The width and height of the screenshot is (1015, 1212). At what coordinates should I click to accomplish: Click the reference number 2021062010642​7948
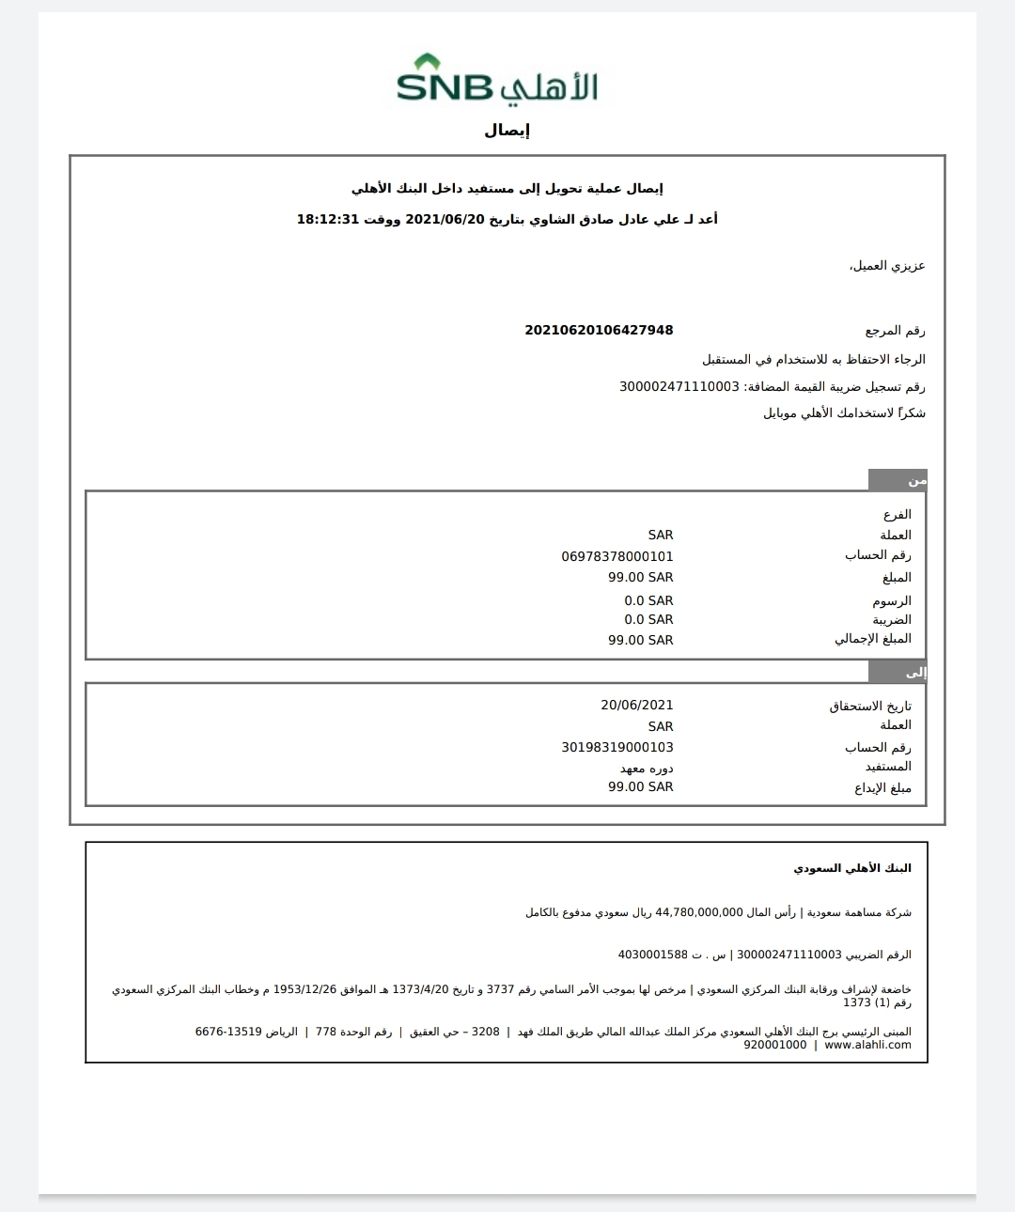coord(599,330)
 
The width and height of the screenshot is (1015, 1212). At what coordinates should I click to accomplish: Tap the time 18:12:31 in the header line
coord(329,219)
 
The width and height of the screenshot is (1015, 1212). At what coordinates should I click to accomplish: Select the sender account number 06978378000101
coord(617,556)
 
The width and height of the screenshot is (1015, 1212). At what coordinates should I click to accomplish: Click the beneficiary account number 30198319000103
coord(617,748)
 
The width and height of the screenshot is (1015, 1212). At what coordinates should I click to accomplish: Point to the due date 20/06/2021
coord(637,706)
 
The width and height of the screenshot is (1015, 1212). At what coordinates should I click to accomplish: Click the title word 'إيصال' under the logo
coord(507,131)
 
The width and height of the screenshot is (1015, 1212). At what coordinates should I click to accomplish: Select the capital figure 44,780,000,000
coord(699,912)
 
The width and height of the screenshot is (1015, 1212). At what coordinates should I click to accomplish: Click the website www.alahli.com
coord(867,1045)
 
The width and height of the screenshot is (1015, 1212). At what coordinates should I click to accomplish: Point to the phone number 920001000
coord(775,1045)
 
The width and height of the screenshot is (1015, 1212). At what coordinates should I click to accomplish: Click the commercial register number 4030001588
coord(653,955)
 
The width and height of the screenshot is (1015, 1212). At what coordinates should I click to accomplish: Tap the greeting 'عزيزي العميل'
coord(887,266)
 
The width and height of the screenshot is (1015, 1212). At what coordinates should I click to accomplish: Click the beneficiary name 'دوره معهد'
coord(647,769)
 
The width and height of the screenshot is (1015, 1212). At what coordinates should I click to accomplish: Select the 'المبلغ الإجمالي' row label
coord(873,639)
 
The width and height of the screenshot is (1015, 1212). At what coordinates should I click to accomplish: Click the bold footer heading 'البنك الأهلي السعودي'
coord(852,868)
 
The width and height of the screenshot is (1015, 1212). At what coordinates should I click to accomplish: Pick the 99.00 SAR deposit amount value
coord(641,787)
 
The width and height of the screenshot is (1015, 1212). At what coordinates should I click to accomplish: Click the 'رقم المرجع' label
coord(895,331)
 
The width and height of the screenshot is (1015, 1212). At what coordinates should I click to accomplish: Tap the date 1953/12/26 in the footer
coord(304,989)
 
